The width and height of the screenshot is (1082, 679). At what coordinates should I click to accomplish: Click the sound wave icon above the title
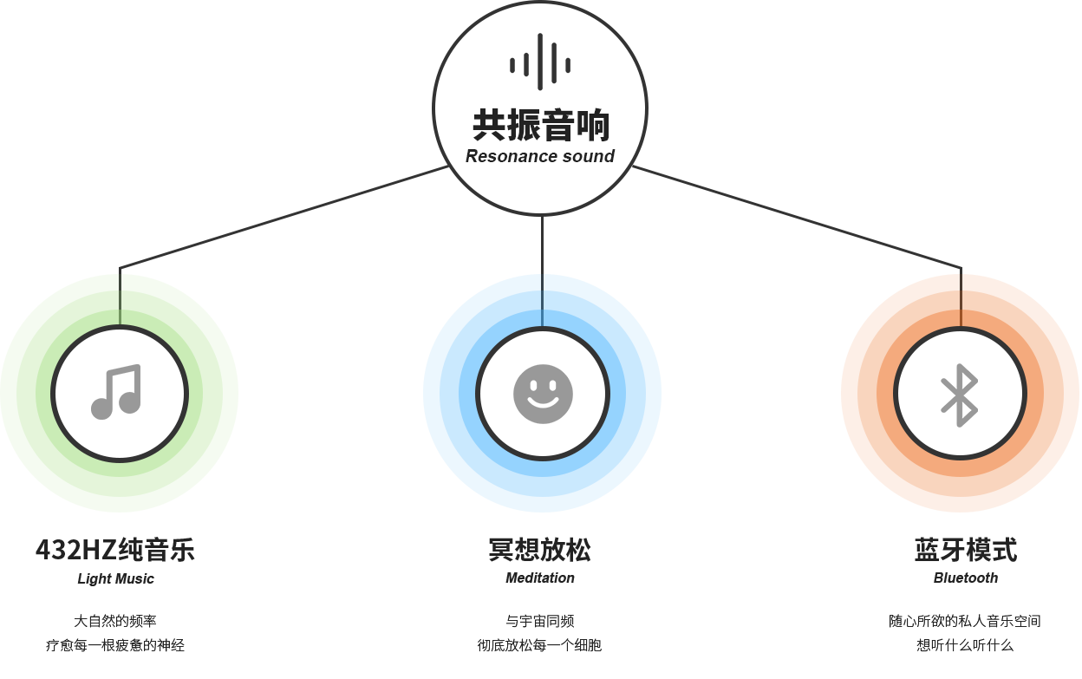click(x=540, y=62)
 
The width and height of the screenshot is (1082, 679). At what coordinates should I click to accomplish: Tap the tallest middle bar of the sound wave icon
click(x=540, y=62)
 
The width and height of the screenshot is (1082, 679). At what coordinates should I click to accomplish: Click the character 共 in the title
click(x=489, y=126)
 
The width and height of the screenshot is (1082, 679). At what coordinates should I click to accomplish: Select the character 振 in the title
click(x=524, y=126)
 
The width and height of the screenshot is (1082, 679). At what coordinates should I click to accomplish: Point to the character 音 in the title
click(x=558, y=126)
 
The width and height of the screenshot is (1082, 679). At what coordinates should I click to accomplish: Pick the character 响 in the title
click(x=593, y=126)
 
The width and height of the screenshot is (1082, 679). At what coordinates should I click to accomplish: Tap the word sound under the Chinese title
click(x=589, y=157)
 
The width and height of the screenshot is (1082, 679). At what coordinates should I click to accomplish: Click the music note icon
click(x=117, y=392)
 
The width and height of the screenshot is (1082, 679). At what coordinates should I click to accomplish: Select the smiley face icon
click(x=543, y=394)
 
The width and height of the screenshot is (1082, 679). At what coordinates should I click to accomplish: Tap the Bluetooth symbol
click(x=960, y=395)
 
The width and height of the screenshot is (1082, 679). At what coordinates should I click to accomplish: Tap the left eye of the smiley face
click(x=531, y=382)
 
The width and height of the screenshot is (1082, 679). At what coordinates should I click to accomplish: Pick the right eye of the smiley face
click(x=554, y=382)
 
